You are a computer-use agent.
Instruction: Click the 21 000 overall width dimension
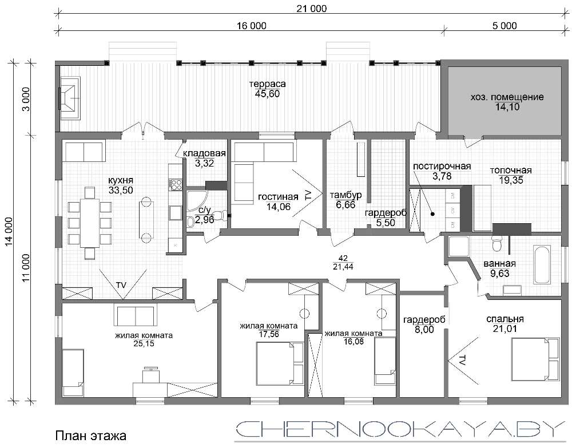tap(311, 9)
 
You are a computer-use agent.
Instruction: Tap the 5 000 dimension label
tap(505, 26)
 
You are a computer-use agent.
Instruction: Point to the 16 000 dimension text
tap(251, 26)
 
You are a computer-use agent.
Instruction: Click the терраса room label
tap(267, 84)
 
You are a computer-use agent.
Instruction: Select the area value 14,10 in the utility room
tap(507, 107)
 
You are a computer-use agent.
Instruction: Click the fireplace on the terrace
tap(70, 98)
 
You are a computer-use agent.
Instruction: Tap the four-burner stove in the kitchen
tap(176, 184)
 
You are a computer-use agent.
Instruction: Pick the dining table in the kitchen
tap(90, 223)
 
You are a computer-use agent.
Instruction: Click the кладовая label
tap(204, 153)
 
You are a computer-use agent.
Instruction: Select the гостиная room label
tap(278, 197)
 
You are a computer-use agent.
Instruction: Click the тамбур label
tap(345, 195)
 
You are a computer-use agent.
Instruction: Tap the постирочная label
tap(442, 167)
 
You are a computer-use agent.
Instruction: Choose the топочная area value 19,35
tap(511, 180)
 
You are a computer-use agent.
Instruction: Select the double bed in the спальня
tap(535, 359)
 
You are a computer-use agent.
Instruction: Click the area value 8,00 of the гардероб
tap(424, 329)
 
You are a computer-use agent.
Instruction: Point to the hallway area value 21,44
tap(343, 267)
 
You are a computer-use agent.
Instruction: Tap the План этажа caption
tap(91, 436)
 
